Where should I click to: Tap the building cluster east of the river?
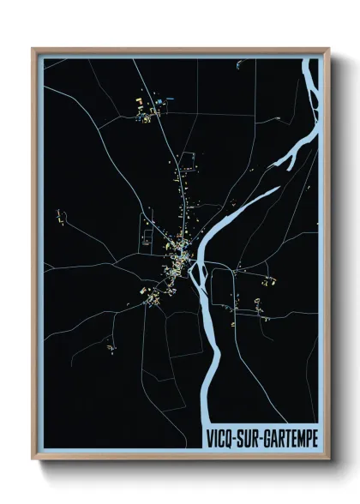pos(269,280)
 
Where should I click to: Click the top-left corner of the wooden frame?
pos(33,49)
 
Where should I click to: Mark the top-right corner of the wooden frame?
pos(328,49)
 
